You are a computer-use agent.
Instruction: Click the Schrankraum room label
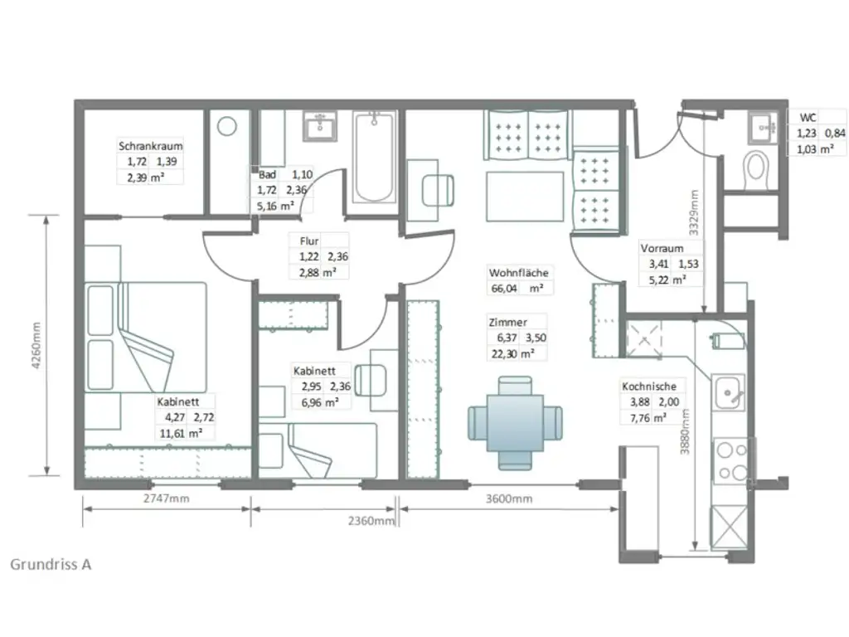pyautogui.click(x=150, y=146)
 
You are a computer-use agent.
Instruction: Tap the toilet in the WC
pyautogui.click(x=755, y=169)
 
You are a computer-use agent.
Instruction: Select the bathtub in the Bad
pyautogui.click(x=374, y=158)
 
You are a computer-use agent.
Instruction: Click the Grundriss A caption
pyautogui.click(x=51, y=564)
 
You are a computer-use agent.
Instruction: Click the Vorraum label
pyautogui.click(x=662, y=248)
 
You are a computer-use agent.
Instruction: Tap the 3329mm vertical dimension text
pyautogui.click(x=695, y=214)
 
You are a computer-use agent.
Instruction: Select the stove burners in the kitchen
pyautogui.click(x=731, y=461)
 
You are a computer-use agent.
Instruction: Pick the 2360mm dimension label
pyautogui.click(x=370, y=520)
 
